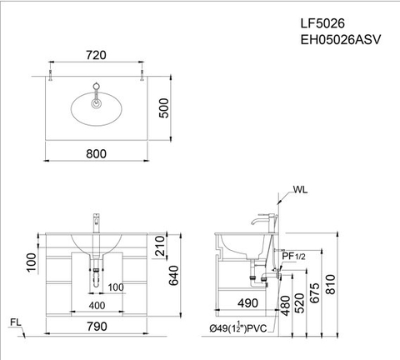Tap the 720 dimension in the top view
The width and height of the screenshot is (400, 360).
coord(98,55)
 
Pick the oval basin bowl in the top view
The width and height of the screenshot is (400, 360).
coord(98,107)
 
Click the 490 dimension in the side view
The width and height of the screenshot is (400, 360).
coord(247,304)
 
